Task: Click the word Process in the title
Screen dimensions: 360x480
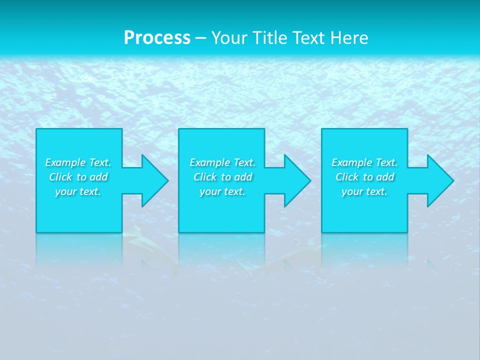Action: (x=157, y=38)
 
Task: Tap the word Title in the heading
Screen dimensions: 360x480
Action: (x=267, y=38)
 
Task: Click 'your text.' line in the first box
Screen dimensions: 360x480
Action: (x=78, y=191)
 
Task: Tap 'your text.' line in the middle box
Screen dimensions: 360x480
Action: (x=222, y=191)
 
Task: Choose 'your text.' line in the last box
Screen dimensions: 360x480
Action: (x=364, y=191)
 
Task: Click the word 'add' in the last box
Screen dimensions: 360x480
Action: (x=384, y=177)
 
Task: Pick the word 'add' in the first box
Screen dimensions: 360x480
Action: (x=98, y=177)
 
